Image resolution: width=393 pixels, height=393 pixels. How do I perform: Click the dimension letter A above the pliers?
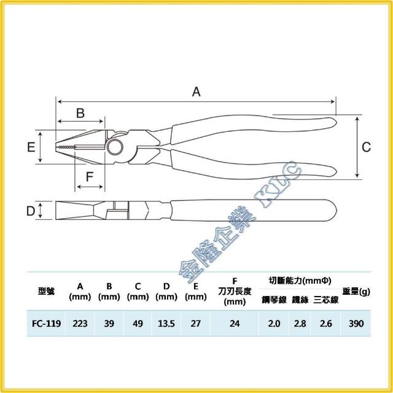[196, 91]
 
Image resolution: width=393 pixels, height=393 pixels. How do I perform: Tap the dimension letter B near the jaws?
[80, 113]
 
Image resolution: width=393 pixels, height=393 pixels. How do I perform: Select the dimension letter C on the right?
[366, 147]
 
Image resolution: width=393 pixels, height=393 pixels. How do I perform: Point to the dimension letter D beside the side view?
[31, 211]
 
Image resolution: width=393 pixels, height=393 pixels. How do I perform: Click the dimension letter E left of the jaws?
[31, 147]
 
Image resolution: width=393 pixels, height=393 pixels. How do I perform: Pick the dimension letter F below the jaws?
[90, 177]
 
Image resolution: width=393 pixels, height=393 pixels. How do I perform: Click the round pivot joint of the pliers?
[115, 147]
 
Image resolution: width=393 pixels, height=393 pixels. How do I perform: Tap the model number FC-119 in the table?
[47, 324]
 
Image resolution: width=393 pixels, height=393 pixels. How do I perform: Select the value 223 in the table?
[80, 324]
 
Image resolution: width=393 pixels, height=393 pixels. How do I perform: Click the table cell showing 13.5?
[166, 324]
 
